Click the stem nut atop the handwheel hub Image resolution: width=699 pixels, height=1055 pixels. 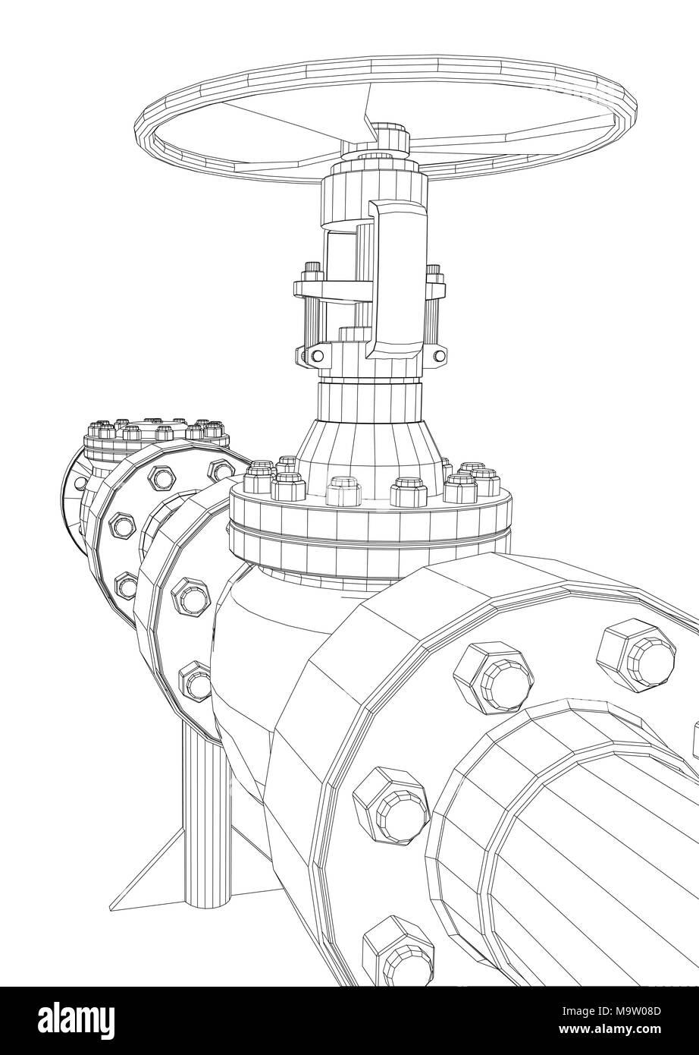pos(390,137)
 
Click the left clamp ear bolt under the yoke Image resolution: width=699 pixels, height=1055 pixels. pos(306,355)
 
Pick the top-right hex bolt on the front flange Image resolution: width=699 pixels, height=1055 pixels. pos(636,649)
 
